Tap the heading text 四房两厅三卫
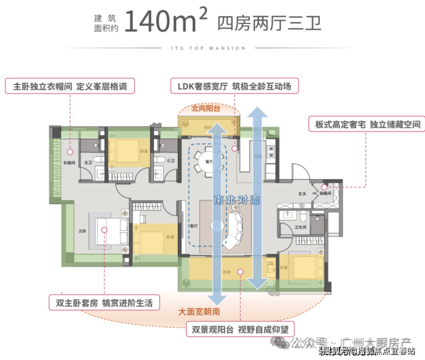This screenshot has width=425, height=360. pos(269,23)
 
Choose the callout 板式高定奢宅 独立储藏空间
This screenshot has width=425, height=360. pos(367,124)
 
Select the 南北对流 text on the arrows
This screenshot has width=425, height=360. pos(237,200)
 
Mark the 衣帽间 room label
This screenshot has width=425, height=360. pos(68,163)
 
